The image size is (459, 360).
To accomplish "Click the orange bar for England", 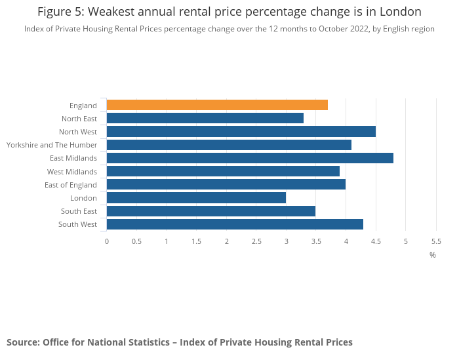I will coord(217,105).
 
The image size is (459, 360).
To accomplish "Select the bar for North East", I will coord(205,118).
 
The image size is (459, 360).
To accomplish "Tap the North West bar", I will coord(241,132).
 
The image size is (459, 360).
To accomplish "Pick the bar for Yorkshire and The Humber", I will coord(229,145).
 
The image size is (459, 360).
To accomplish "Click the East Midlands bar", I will coord(250,158).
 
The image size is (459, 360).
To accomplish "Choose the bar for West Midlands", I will coord(223,171).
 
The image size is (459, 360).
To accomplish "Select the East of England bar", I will coord(226,184).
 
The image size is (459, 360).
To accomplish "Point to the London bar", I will coord(196,197).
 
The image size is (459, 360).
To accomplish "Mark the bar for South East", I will coord(211,211).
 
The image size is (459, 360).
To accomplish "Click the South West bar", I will coord(235,224).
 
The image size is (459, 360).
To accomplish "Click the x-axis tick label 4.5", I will coord(376,241).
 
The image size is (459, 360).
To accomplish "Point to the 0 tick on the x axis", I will coord(107,241).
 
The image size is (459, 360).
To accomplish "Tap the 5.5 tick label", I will coord(435,241).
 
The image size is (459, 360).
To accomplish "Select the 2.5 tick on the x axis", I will coord(256,241).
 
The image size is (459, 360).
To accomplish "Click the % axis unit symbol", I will coord(433,254).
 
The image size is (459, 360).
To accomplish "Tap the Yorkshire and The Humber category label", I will coord(52,145).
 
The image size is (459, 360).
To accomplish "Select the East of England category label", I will coord(71,185).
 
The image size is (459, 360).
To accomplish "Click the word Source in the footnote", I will coord(22,342).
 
